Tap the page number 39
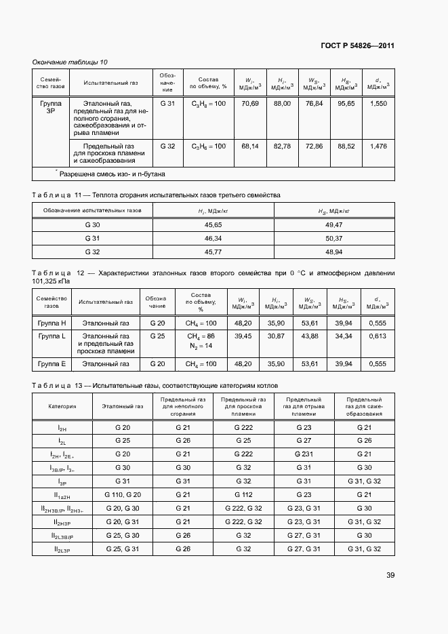[390, 575]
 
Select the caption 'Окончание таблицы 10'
[70, 62]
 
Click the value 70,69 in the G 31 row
[250, 104]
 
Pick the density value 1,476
[379, 146]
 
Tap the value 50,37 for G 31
[334, 238]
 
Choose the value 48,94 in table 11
[334, 252]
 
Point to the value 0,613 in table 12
[378, 336]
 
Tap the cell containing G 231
[303, 454]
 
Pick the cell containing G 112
[243, 494]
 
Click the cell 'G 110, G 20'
[123, 494]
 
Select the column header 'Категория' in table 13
[62, 407]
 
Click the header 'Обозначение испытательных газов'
[93, 211]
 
